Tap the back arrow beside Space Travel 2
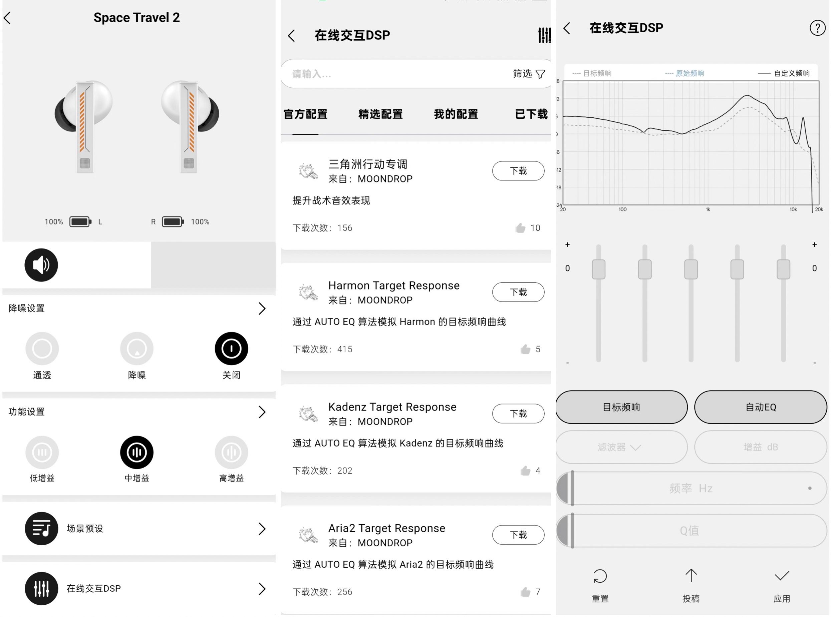point(7,18)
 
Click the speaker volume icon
point(41,265)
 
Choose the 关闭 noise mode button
point(231,349)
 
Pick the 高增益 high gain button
point(231,452)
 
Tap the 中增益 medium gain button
point(137,452)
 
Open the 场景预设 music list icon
point(41,529)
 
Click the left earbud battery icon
point(80,222)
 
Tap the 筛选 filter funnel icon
point(540,74)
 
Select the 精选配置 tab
point(380,114)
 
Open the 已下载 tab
point(531,114)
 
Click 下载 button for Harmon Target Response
point(518,292)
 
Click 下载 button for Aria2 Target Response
point(518,535)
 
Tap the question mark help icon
point(817,28)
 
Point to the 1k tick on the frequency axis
point(708,209)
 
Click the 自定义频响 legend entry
point(784,73)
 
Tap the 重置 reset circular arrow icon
point(600,576)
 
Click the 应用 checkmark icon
point(782,576)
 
